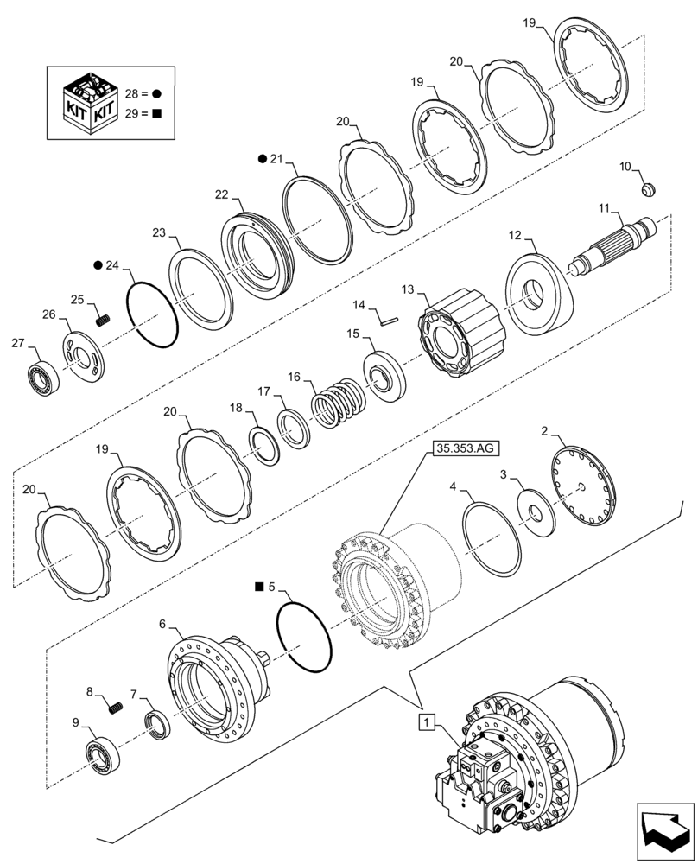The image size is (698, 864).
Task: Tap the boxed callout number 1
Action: coord(425,720)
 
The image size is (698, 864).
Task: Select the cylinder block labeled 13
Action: coord(459,340)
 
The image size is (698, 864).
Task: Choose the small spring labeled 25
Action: coord(103,321)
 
